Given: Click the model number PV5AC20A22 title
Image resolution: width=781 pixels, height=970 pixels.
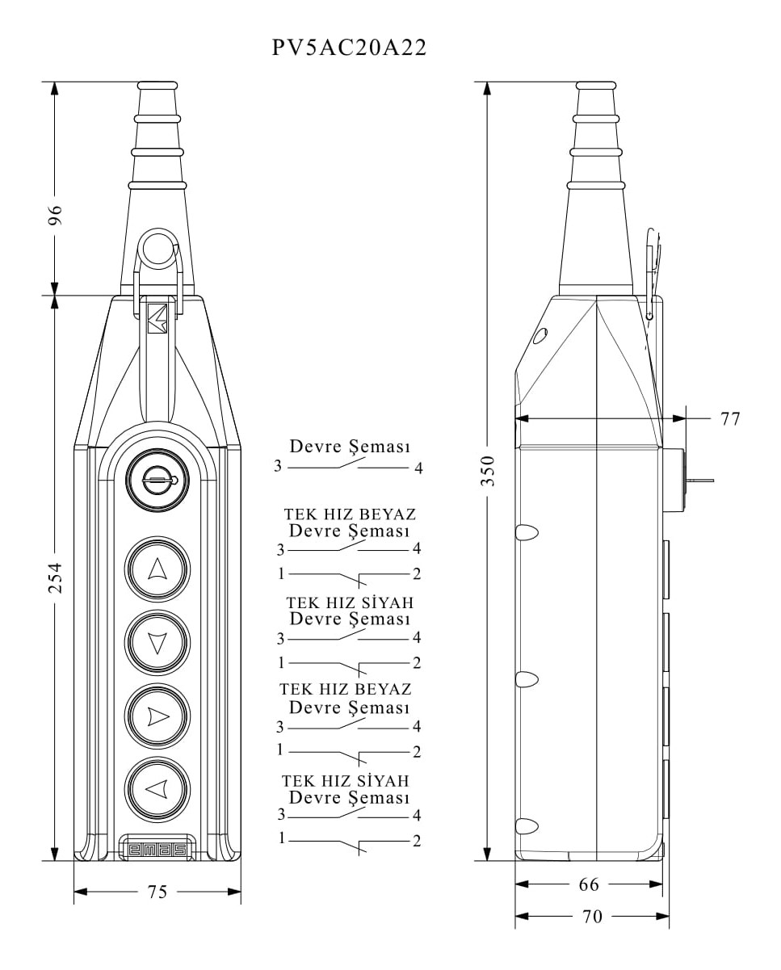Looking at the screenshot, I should point(349,48).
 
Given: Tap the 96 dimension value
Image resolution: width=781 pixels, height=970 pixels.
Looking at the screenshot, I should point(54,216).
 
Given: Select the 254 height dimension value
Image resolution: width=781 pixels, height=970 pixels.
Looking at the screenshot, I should point(54,577).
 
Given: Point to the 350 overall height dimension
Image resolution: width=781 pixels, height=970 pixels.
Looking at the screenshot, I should point(488,470).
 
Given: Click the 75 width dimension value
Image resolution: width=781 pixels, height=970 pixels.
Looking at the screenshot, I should point(157,892).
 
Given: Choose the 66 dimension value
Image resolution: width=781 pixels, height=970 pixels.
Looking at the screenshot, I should point(589,884).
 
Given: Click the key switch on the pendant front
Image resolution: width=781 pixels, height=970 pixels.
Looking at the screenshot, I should point(157,481).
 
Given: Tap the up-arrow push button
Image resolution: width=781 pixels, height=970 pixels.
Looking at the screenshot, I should point(157,569).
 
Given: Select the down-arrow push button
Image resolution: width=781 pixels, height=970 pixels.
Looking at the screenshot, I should point(157,643).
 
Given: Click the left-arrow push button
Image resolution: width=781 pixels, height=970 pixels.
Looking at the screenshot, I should point(157,788).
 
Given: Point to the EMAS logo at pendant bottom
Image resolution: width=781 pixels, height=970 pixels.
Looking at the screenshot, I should point(157,849).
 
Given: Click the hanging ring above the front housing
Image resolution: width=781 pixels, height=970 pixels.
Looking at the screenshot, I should point(158,249).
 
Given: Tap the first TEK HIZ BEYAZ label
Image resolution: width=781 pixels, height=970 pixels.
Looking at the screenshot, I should point(350,514).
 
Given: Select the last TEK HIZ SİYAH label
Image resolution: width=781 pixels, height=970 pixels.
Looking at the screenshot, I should point(345,781).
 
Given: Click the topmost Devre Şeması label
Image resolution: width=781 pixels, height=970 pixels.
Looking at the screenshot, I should point(350,447).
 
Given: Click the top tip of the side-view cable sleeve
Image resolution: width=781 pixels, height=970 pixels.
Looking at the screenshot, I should point(596,84).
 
